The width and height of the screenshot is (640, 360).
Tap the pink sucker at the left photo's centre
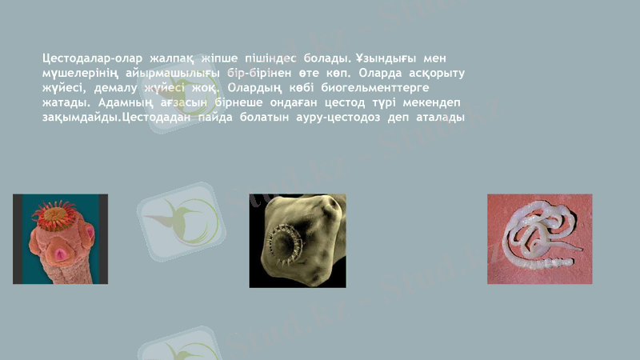tap(59, 254)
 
